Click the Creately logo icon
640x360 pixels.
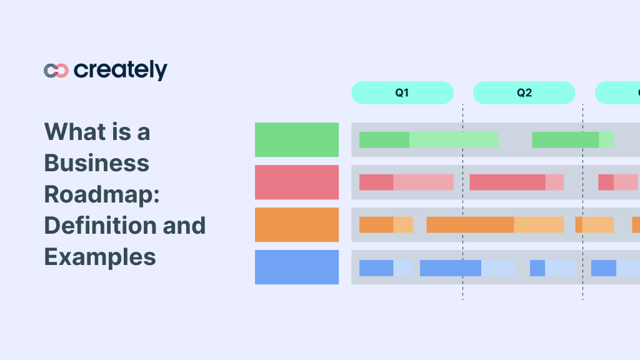point(56,71)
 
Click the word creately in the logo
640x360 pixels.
point(121,70)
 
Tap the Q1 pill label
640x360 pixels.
point(402,92)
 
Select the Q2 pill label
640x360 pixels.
point(524,92)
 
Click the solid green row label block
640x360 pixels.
point(297,139)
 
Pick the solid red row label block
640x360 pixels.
point(297,182)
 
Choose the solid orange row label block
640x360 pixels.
point(297,224)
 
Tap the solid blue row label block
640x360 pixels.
point(297,267)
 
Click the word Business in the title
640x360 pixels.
point(96,163)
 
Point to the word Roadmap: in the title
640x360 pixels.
point(102,194)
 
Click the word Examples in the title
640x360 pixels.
point(99,256)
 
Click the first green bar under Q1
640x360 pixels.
point(428,139)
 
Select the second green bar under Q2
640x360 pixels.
point(572,139)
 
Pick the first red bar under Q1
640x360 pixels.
point(406,182)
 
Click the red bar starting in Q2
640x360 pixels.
point(516,182)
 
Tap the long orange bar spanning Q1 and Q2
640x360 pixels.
point(494,224)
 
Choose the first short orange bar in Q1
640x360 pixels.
point(386,224)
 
